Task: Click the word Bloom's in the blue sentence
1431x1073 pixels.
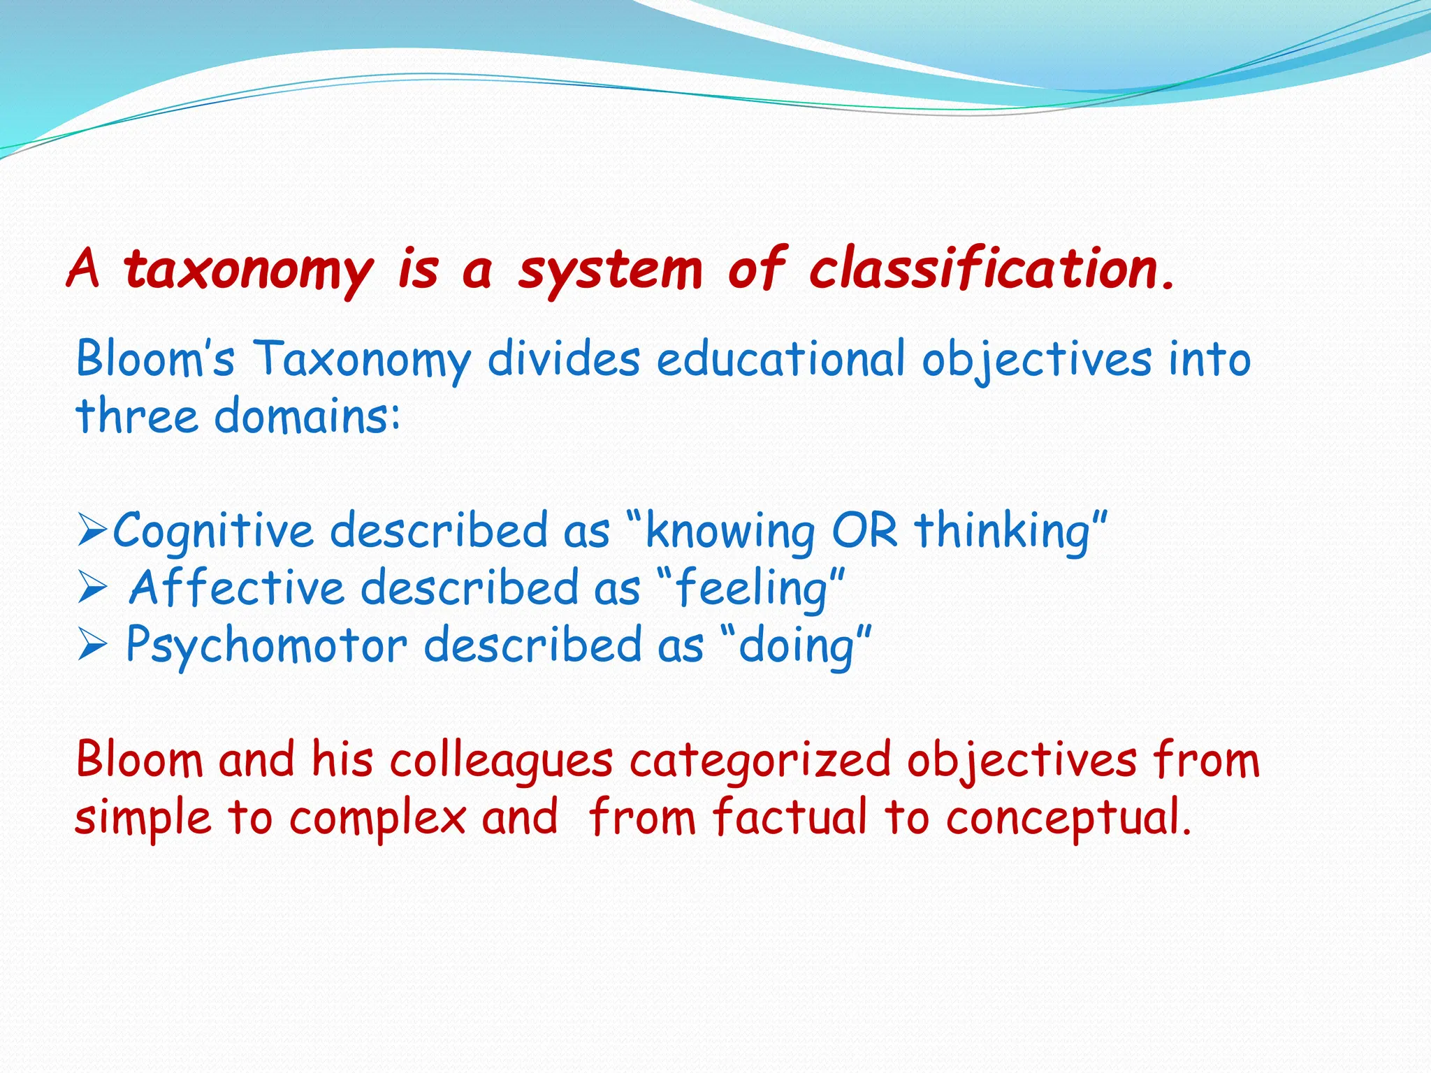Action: [x=154, y=359]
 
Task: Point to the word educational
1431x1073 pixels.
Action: [x=780, y=359]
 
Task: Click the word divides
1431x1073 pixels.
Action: [x=563, y=359]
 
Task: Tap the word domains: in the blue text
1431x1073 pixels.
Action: [x=307, y=416]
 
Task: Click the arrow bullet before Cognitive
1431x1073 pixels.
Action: [x=92, y=530]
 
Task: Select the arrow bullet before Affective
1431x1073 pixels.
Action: [x=92, y=587]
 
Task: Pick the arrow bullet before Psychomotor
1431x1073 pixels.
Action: [x=92, y=645]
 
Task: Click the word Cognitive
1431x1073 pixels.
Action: [x=213, y=532]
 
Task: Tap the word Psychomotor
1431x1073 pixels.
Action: [x=266, y=645]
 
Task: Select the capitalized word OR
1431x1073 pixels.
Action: [x=864, y=531]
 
